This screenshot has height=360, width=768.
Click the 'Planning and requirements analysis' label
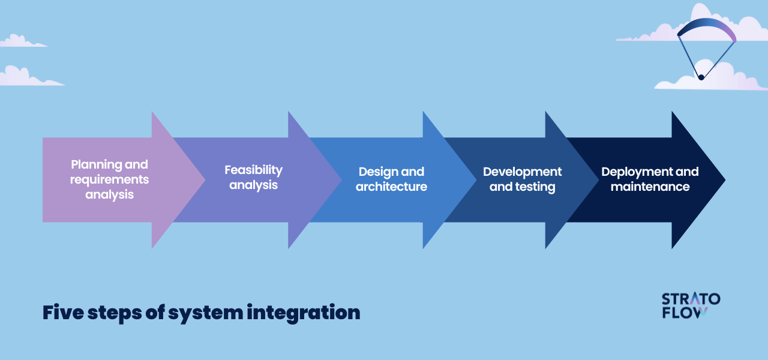(x=109, y=179)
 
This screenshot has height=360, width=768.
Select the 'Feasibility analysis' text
(x=253, y=177)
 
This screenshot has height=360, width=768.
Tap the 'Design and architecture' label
(x=391, y=179)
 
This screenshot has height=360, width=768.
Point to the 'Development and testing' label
(x=522, y=179)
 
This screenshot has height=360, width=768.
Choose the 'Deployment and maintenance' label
(x=650, y=179)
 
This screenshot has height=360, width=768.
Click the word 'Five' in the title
(x=63, y=313)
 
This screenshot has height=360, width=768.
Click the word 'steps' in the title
(x=115, y=314)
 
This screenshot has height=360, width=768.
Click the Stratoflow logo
(x=691, y=305)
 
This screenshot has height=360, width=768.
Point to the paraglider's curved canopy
(x=706, y=27)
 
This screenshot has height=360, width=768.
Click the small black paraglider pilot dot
(x=701, y=77)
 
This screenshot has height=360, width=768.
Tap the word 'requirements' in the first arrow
(x=109, y=179)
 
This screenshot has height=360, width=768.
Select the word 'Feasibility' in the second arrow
(x=253, y=170)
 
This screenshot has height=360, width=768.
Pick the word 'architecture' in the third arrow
(x=391, y=187)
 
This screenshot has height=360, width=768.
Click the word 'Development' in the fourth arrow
(x=522, y=172)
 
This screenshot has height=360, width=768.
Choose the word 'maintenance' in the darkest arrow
(x=650, y=187)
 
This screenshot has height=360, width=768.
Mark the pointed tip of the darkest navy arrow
(x=725, y=179)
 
